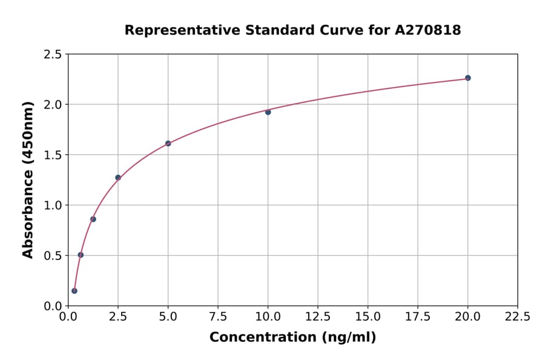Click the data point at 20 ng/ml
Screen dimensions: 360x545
[467, 78]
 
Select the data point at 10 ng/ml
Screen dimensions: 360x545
[268, 112]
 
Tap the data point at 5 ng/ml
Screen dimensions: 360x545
[168, 144]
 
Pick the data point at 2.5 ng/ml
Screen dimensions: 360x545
[118, 178]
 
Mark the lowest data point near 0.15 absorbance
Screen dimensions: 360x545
[74, 291]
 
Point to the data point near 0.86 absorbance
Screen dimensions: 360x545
[93, 219]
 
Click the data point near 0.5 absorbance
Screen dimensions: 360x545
[81, 255]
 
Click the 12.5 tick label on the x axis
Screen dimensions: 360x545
[318, 317]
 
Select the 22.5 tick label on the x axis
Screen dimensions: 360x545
[517, 317]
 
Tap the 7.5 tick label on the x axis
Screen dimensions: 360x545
[218, 317]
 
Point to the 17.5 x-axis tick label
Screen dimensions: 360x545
[417, 317]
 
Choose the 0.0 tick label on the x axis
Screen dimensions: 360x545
[68, 317]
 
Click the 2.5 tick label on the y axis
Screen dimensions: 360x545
[53, 55]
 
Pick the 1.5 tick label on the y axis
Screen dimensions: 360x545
[53, 155]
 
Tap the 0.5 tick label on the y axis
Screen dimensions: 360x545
[53, 256]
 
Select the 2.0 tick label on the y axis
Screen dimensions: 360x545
[53, 105]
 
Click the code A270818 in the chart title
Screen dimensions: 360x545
[428, 30]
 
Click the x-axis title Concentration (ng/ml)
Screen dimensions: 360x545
[292, 338]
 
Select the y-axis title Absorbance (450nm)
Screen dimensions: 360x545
[28, 179]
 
